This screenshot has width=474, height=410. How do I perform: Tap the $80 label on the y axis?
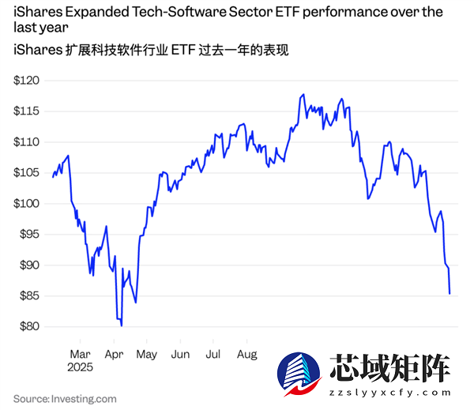click(x=30, y=326)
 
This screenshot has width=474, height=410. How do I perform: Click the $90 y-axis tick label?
click(x=30, y=265)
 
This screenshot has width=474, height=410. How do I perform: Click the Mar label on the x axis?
click(x=80, y=354)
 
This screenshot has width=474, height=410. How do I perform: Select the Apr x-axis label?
click(x=114, y=354)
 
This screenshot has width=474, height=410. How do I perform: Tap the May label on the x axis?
click(x=146, y=354)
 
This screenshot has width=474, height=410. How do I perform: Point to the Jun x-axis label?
click(x=180, y=354)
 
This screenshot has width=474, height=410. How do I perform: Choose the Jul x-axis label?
click(x=213, y=354)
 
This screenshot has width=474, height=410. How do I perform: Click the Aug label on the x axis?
click(x=247, y=354)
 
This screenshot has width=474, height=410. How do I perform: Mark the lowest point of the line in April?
click(x=122, y=325)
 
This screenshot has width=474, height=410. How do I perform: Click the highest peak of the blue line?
click(x=303, y=95)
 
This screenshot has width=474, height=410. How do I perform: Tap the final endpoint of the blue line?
click(x=450, y=294)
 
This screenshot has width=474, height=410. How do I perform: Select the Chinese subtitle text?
click(x=150, y=51)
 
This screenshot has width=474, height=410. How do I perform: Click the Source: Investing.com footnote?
click(x=64, y=399)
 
